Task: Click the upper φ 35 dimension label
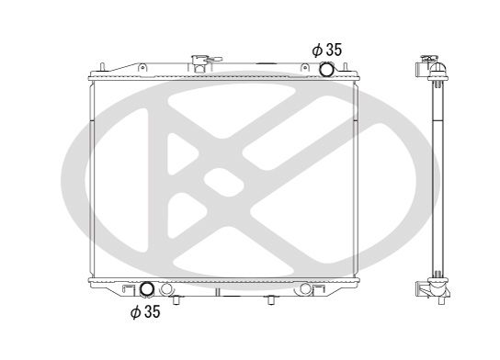click(x=326, y=50)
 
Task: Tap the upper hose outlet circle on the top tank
click(x=326, y=70)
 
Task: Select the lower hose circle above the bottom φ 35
click(x=144, y=292)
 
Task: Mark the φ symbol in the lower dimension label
click(x=134, y=312)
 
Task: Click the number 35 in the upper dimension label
click(x=334, y=50)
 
